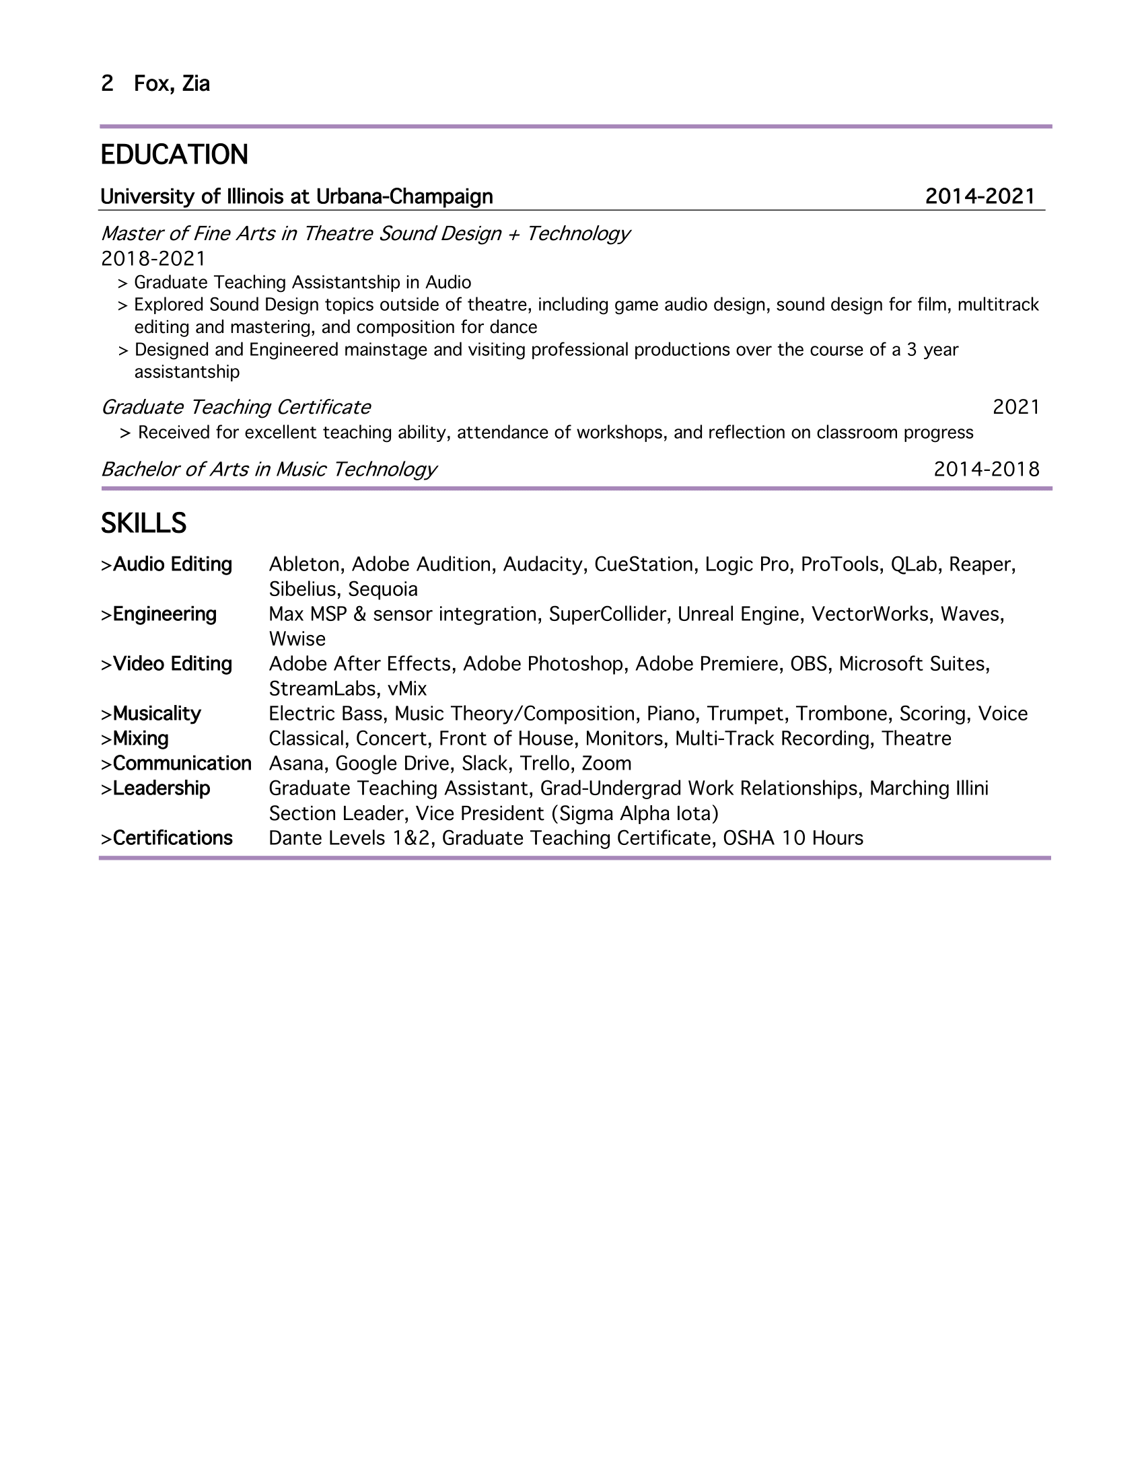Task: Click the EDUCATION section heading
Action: tap(174, 155)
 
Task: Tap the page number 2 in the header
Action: tap(107, 83)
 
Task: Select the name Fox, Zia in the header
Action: tap(172, 83)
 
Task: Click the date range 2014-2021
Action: tap(980, 196)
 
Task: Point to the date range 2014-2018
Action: tap(986, 469)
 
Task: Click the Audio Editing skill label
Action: tap(172, 564)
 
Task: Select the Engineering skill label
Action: tap(165, 614)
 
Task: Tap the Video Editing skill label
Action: tap(172, 664)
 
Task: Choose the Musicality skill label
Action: tap(157, 714)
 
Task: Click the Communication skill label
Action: tap(182, 764)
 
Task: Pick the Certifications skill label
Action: tap(172, 838)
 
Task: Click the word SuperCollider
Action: tap(607, 614)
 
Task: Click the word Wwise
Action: tap(297, 639)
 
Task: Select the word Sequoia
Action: tap(383, 589)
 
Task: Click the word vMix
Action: tap(406, 689)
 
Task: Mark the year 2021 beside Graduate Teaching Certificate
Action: tap(1016, 407)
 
